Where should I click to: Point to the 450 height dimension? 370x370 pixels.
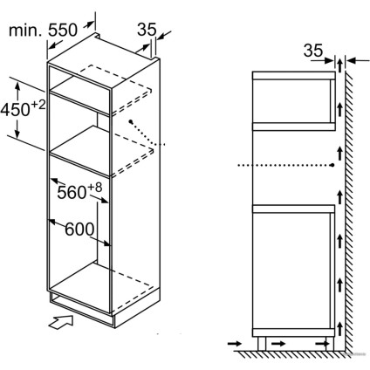(x=19, y=109)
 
